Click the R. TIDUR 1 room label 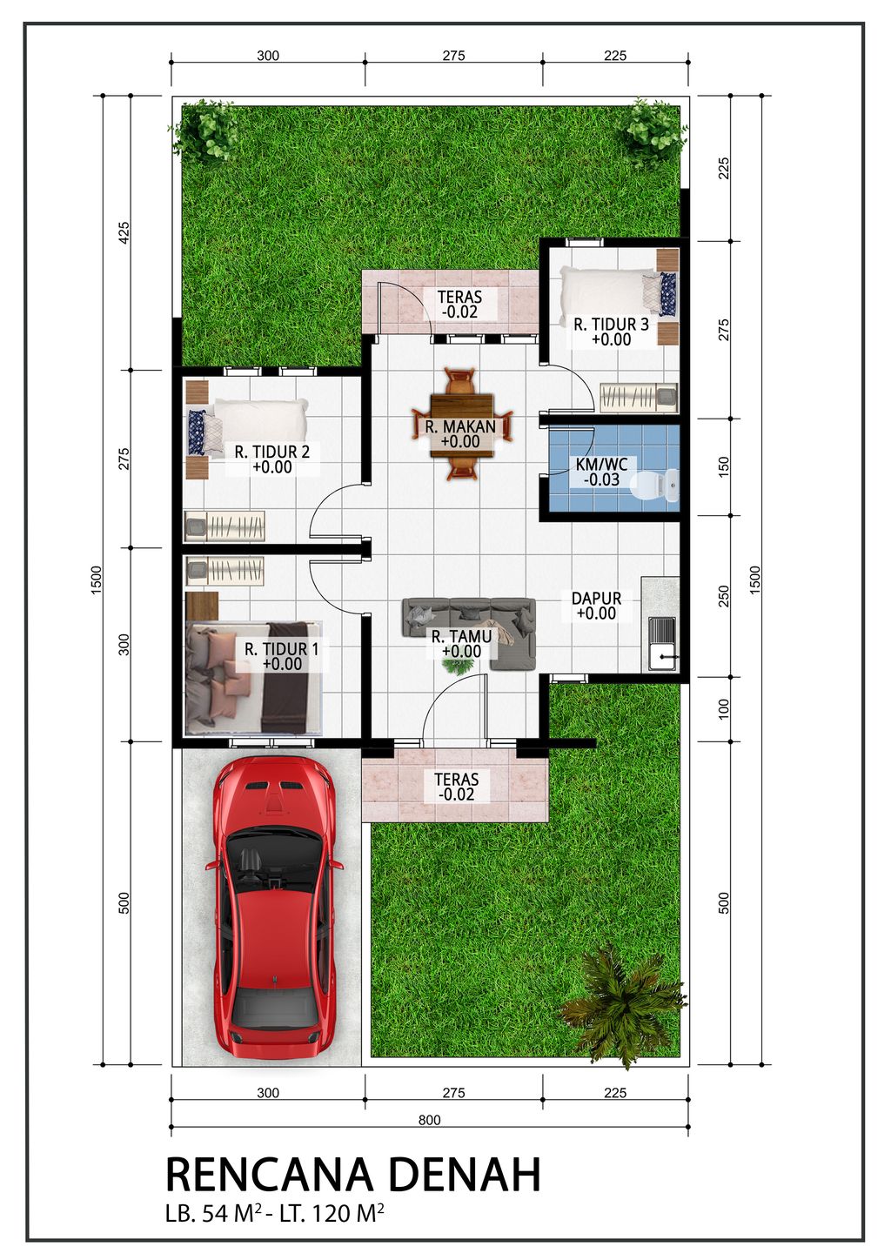point(281,656)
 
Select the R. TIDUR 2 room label point(271,459)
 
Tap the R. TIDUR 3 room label point(611,332)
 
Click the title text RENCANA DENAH point(352,1175)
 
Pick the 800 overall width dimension point(429,1120)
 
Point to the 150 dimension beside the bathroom point(724,466)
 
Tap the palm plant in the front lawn point(622,1005)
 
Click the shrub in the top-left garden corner point(206,132)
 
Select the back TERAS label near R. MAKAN point(459,304)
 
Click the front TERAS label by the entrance point(456,786)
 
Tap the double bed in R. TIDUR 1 point(252,677)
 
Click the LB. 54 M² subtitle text point(274,1213)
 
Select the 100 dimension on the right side point(724,708)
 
